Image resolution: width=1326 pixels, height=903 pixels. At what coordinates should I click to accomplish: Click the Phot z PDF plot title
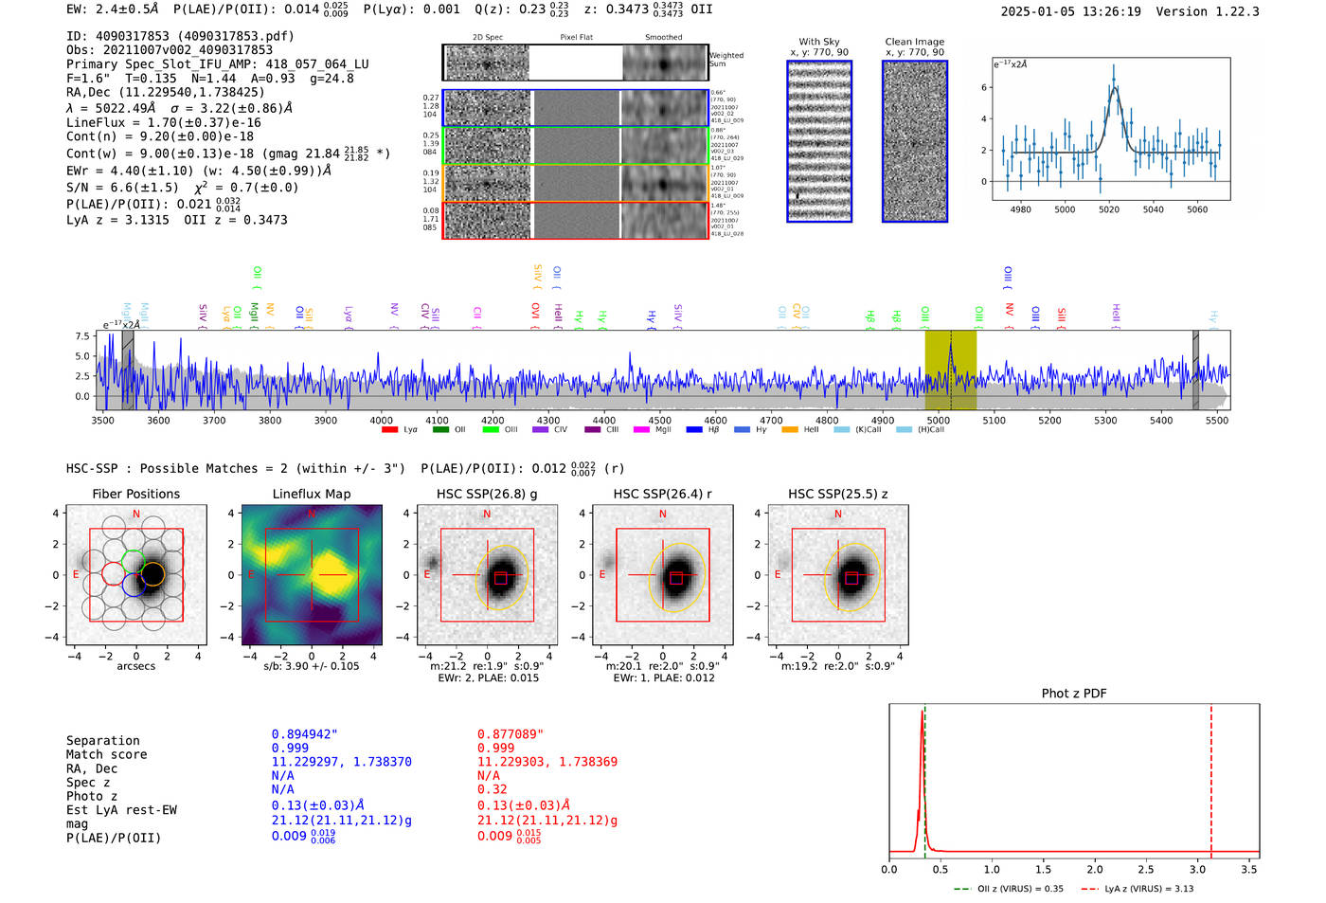[x=1074, y=694]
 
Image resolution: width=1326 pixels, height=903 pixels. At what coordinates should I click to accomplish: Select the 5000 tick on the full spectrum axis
[x=938, y=421]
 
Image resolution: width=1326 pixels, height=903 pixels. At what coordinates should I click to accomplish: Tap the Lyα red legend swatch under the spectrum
[x=389, y=430]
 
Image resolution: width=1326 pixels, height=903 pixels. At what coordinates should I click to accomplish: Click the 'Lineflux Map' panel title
[x=312, y=494]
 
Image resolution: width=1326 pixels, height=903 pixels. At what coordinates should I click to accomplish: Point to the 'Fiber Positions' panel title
[x=135, y=494]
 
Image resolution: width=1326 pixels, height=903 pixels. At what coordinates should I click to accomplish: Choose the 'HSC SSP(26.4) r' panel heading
[x=662, y=494]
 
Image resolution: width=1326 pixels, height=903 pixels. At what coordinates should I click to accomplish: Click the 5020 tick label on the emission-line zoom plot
[x=1109, y=209]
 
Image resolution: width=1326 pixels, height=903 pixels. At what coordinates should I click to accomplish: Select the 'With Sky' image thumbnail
[x=819, y=141]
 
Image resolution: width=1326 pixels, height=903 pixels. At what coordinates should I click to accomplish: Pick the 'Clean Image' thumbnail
[x=915, y=141]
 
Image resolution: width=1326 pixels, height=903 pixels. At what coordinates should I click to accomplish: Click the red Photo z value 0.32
[x=492, y=789]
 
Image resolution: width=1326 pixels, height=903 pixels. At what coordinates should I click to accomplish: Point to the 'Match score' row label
[x=106, y=754]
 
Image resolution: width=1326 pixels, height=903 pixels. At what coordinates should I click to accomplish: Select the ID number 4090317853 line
[x=180, y=36]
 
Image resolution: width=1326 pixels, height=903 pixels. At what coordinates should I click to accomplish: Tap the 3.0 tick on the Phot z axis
[x=1197, y=869]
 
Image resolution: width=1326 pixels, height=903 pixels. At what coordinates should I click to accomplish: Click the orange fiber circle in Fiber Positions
[x=153, y=573]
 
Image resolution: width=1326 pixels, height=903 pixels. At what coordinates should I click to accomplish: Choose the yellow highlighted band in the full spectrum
[x=950, y=370]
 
